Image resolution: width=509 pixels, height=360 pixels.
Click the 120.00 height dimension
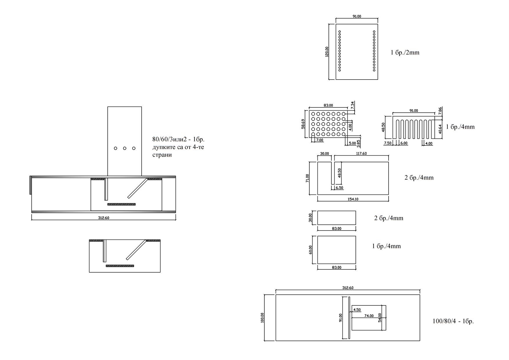tap(327, 52)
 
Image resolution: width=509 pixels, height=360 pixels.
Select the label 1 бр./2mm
tap(405, 53)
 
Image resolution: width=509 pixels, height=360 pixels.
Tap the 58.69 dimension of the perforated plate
tap(303, 124)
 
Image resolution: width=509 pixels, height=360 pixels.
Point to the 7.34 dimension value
tap(352, 105)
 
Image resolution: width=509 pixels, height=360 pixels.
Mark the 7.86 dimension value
tap(440, 111)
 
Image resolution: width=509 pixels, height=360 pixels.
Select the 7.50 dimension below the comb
tap(388, 143)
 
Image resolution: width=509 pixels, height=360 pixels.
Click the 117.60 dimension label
tap(361, 154)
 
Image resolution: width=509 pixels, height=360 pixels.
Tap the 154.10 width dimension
tap(353, 199)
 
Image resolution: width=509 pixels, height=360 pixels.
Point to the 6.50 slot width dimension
tap(339, 188)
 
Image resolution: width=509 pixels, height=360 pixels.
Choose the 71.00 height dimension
tap(307, 178)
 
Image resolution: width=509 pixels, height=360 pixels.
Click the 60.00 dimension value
tap(311, 250)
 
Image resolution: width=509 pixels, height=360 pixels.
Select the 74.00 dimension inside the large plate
tap(369, 316)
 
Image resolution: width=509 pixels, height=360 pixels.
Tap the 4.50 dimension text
tap(357, 310)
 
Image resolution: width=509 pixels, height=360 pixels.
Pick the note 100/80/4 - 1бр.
tap(453, 321)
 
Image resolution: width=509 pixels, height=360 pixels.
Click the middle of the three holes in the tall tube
tap(124, 148)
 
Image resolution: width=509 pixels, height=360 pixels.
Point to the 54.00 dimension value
tap(380, 318)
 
